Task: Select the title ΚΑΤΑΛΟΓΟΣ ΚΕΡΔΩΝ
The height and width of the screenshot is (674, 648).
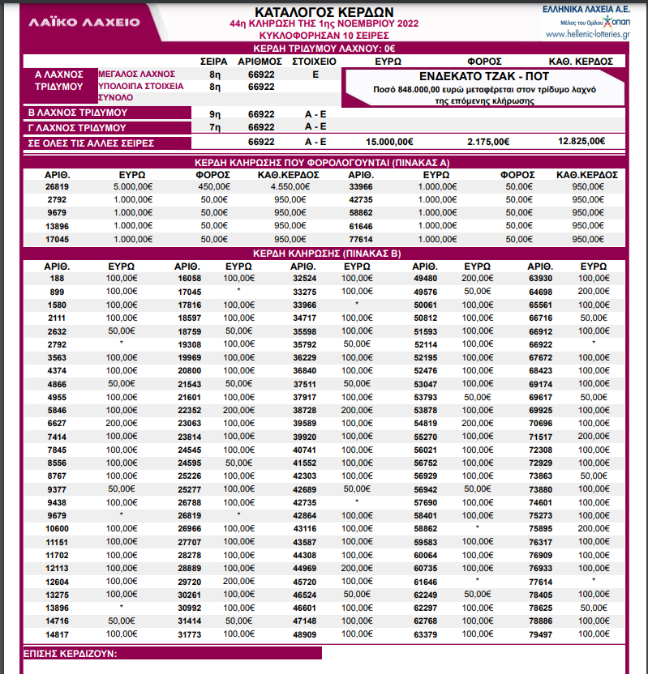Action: (324, 12)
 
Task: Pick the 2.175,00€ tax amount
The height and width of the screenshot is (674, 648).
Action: (488, 142)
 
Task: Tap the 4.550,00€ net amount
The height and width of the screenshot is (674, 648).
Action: (281, 186)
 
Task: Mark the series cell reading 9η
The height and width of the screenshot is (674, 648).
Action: (216, 113)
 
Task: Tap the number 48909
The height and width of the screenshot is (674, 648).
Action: (303, 633)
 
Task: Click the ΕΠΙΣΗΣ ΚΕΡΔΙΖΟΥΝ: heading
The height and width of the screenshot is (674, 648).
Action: (71, 653)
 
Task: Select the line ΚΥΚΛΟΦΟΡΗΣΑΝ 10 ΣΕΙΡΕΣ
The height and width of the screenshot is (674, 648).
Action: (324, 36)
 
